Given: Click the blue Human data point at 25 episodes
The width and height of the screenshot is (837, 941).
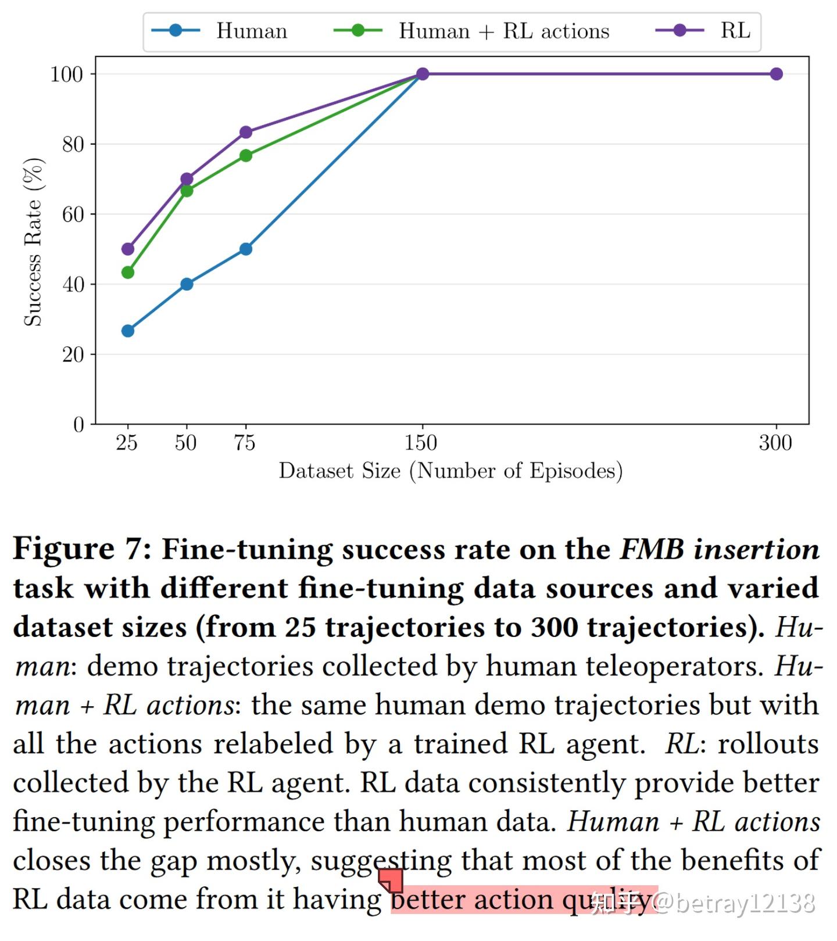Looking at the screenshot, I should (128, 331).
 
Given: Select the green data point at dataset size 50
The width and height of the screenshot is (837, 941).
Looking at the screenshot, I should (187, 191).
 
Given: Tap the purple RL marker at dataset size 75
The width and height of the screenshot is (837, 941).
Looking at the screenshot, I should (246, 133).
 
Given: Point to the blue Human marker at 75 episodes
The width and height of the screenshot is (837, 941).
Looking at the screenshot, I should (246, 249).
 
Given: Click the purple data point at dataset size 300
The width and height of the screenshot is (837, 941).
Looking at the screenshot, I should (776, 74).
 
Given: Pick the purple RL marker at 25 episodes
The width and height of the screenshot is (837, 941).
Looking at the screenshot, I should (128, 249).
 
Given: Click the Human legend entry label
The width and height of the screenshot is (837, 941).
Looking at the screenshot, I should (252, 31).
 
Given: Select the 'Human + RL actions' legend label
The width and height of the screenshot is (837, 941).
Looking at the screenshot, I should (504, 31).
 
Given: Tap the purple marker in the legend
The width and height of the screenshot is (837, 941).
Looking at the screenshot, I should (679, 30).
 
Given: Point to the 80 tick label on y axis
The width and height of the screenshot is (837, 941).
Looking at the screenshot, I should (73, 144).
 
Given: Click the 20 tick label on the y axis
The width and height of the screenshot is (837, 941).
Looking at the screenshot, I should (73, 355).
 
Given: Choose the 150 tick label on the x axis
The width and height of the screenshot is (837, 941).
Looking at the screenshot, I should (421, 443).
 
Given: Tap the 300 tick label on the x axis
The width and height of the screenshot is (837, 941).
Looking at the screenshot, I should (775, 443).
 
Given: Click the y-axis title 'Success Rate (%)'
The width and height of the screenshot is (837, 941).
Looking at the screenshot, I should (33, 242).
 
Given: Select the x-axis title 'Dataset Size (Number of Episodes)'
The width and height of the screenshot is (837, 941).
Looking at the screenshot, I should (450, 471).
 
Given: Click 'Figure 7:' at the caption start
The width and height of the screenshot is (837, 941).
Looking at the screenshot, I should (82, 549).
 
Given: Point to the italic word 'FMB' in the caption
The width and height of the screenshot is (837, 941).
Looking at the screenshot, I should (652, 549).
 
